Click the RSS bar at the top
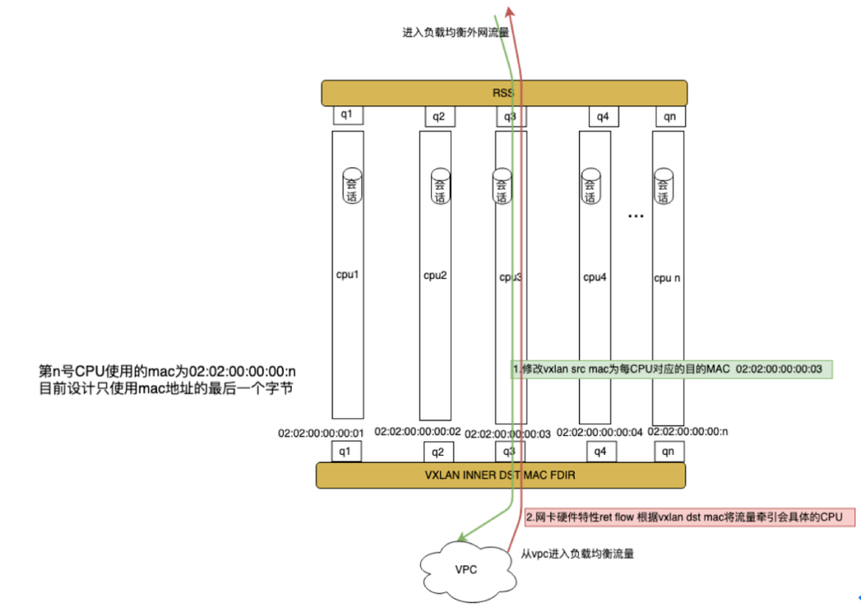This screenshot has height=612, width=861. tap(504, 92)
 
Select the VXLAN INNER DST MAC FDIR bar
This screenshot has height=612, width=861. tap(501, 475)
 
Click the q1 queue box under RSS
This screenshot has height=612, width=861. tap(348, 115)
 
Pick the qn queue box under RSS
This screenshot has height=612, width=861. tap(670, 116)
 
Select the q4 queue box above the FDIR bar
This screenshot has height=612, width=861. tap(601, 452)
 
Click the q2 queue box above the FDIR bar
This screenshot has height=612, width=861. tap(438, 453)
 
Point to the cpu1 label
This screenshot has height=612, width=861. tap(347, 274)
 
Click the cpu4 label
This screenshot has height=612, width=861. tap(595, 277)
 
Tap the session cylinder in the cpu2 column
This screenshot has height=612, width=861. tap(440, 186)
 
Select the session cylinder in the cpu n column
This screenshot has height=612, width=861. tap(663, 186)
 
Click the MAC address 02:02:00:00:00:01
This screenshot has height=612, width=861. tap(320, 433)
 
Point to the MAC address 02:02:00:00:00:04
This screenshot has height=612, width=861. tap(599, 433)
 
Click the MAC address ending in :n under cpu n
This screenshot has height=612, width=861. tap(687, 431)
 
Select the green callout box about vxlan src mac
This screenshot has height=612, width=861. tap(672, 369)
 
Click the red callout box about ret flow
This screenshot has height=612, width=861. tap(690, 517)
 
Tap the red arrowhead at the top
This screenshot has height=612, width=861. tap(509, 12)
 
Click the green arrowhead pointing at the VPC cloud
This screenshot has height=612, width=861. tap(463, 537)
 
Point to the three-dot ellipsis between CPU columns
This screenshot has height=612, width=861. tap(635, 216)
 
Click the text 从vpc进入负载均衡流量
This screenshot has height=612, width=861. tap(577, 554)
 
